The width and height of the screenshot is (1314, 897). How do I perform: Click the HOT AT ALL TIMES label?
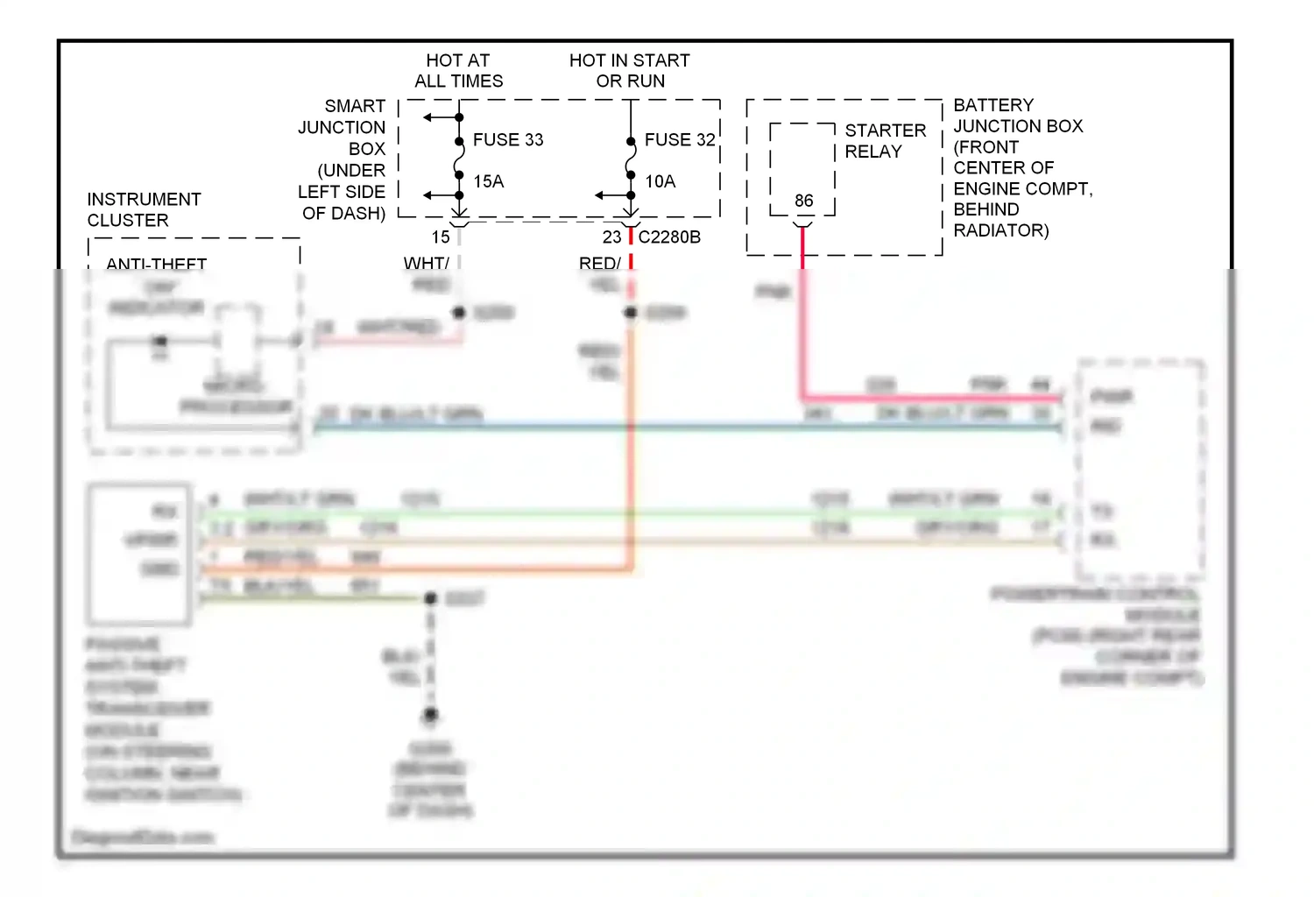coord(458,71)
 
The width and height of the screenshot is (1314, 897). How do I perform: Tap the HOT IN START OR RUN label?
coord(629,71)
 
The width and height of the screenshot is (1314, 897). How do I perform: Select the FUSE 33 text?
coord(508,140)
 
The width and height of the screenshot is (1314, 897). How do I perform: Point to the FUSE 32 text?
coord(680,140)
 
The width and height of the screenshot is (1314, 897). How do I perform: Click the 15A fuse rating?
coord(489,181)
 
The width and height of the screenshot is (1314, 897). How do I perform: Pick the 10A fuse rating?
coord(661,181)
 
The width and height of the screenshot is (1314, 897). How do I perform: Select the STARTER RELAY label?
coord(885,141)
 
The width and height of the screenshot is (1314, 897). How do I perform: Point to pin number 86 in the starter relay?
coord(803,201)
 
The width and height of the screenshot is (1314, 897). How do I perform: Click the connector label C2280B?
coord(669,237)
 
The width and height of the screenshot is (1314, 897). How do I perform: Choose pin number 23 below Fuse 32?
coord(611,237)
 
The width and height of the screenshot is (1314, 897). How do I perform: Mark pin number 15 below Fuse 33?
coord(441,237)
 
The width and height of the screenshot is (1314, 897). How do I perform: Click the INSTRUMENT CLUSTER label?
coord(144,210)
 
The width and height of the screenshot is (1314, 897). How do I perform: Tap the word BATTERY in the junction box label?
coord(993,105)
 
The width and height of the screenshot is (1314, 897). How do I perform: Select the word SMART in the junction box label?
coord(355,106)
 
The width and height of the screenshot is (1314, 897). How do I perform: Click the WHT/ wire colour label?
coord(426,263)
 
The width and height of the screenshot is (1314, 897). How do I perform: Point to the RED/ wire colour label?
coord(599,263)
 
